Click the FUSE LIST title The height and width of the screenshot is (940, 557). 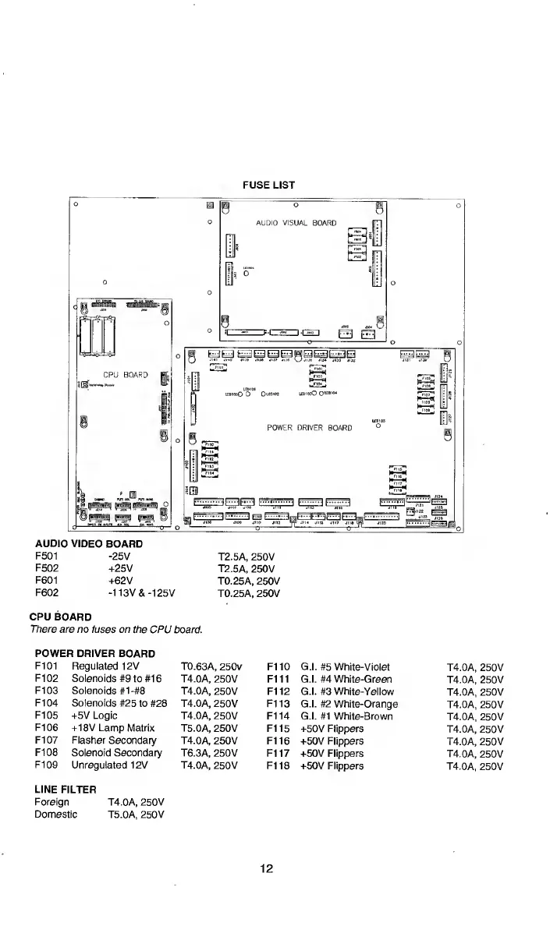coord(268,186)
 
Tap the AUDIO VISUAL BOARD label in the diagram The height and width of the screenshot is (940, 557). coord(296,223)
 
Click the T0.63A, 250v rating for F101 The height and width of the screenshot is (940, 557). coord(211,666)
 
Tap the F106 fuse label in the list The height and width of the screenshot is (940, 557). coord(47,728)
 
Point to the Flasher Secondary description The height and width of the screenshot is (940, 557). coord(114,740)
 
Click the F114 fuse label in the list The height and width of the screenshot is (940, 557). coord(278,716)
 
